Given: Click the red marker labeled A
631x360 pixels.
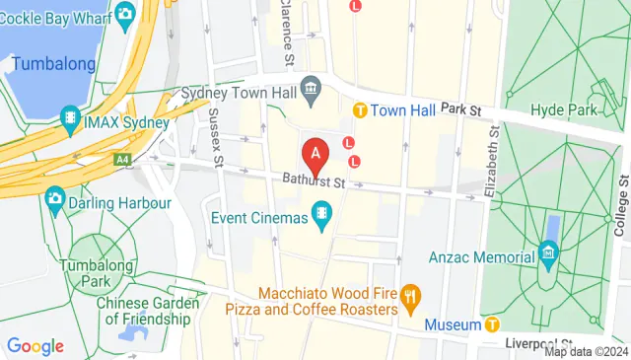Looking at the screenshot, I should tap(315, 156).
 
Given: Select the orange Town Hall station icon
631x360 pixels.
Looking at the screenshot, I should tap(361, 110).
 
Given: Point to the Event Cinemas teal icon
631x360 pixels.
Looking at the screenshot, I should tap(321, 213).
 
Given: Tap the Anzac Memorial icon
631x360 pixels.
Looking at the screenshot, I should tap(549, 258).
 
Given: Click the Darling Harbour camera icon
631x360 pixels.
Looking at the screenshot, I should tap(55, 200).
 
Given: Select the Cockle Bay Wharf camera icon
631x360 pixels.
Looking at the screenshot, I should tap(125, 14).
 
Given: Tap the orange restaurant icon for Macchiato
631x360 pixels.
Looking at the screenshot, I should tap(412, 294).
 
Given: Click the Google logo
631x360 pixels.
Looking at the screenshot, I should tap(35, 346).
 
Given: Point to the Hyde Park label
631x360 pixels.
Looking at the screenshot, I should tap(563, 110).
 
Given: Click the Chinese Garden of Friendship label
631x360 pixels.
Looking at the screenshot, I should tap(143, 311).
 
